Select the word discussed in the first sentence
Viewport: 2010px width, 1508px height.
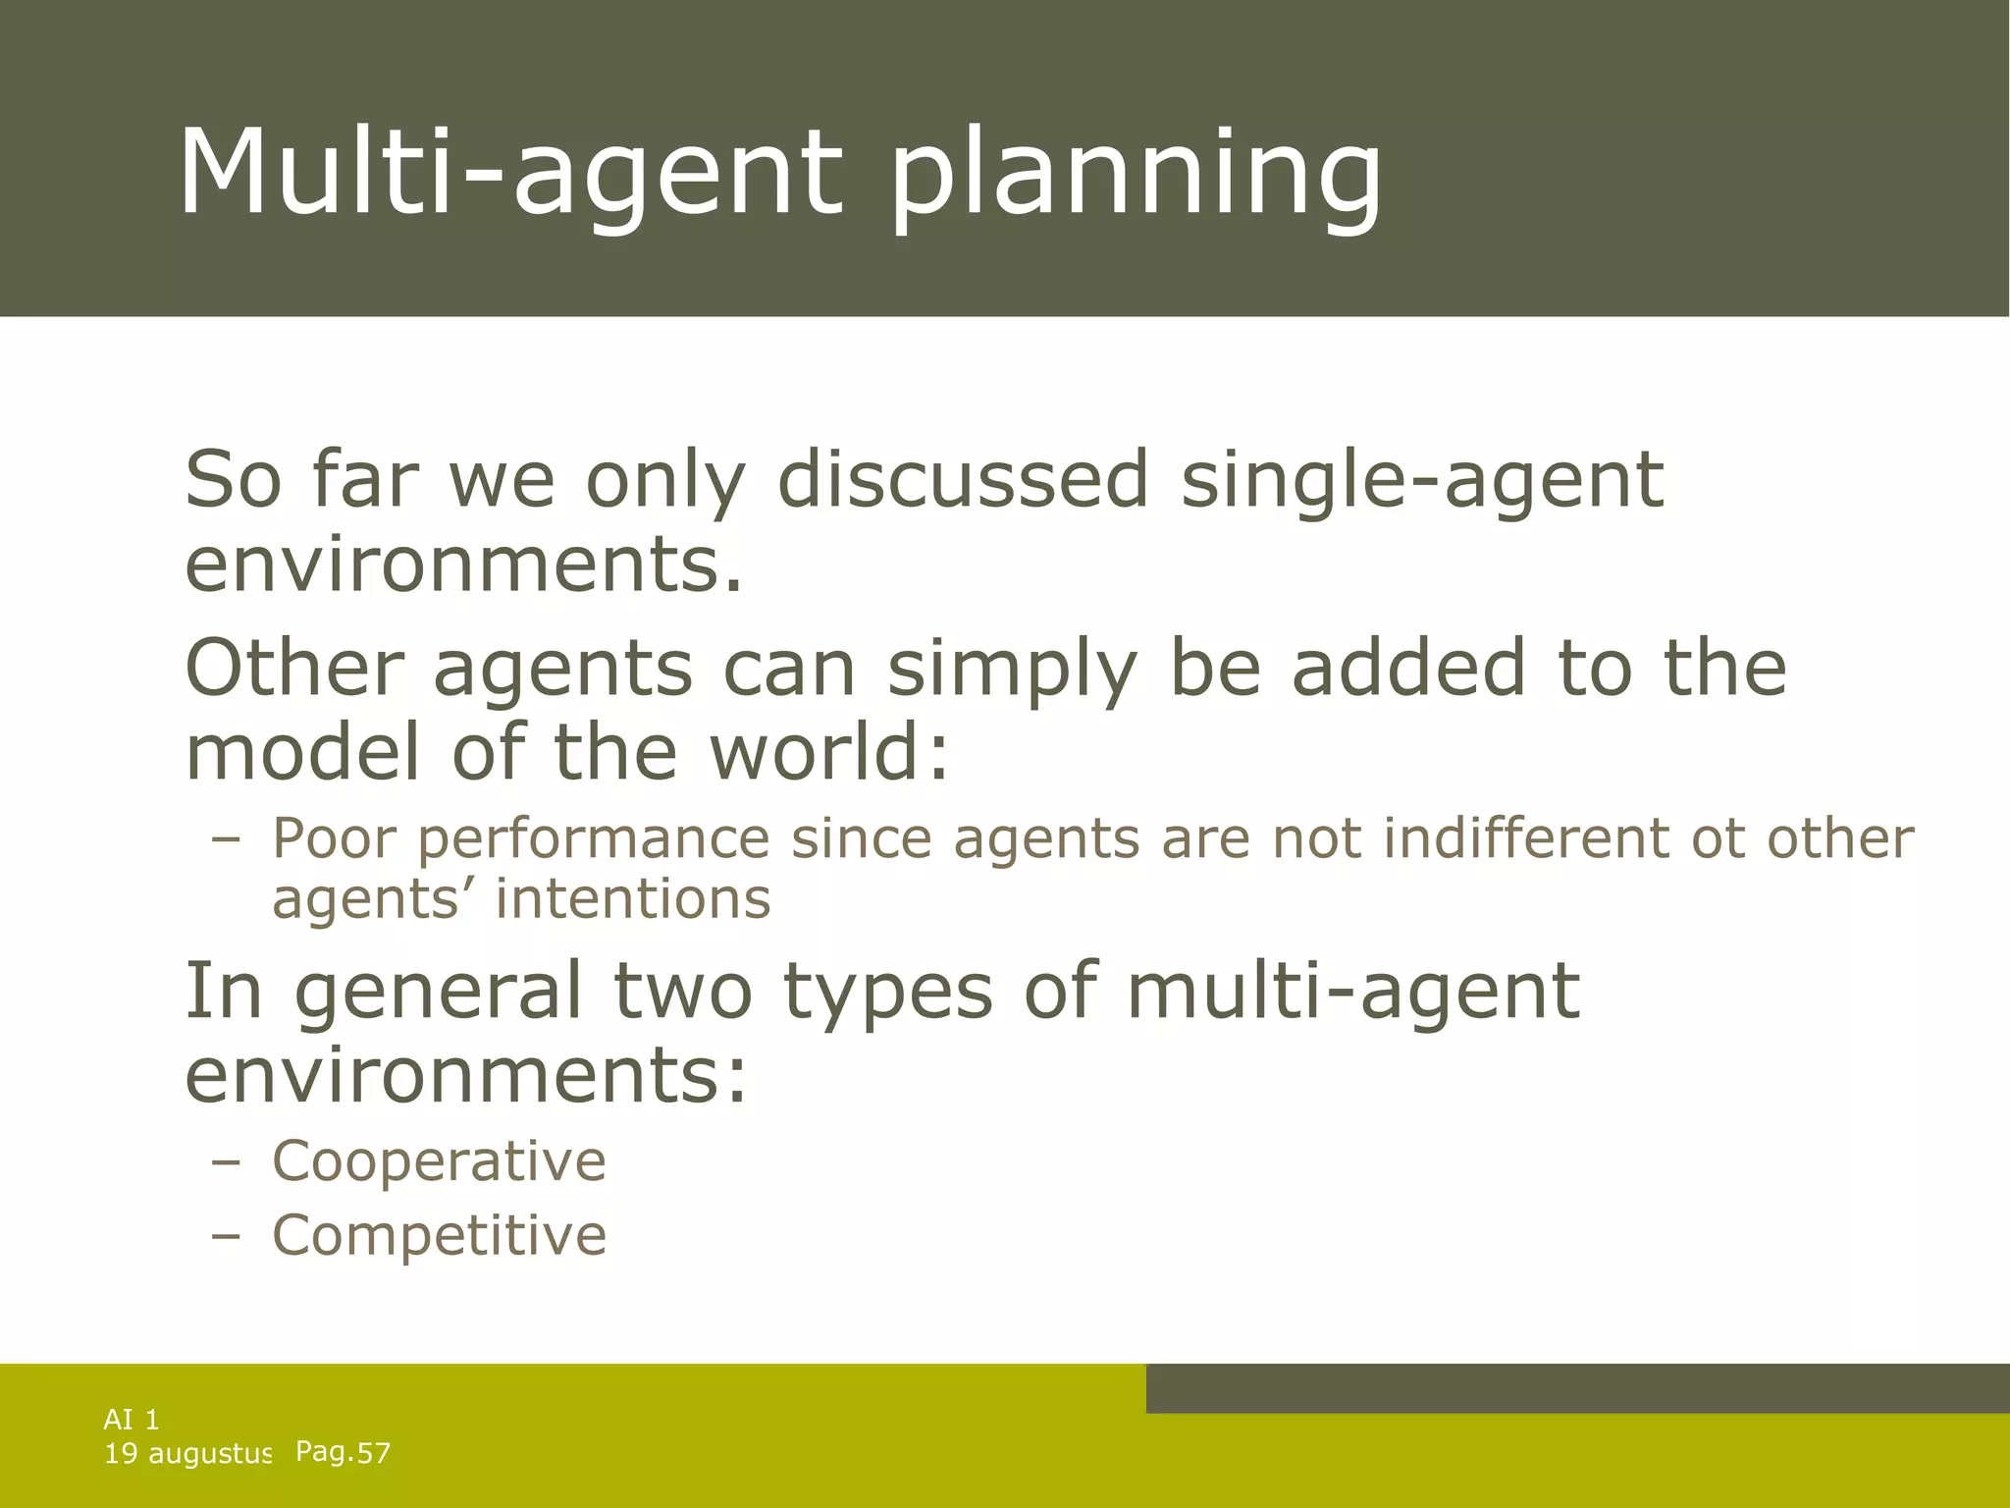pos(962,481)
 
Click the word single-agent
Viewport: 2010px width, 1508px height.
pos(1422,481)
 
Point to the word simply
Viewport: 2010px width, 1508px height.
pos(1012,671)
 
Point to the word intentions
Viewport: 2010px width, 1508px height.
pos(633,898)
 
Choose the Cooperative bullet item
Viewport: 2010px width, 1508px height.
pos(439,1161)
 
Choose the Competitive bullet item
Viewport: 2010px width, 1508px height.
pos(439,1235)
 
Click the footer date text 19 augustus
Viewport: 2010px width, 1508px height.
pos(186,1454)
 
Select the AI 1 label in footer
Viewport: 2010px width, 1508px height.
pos(132,1420)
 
